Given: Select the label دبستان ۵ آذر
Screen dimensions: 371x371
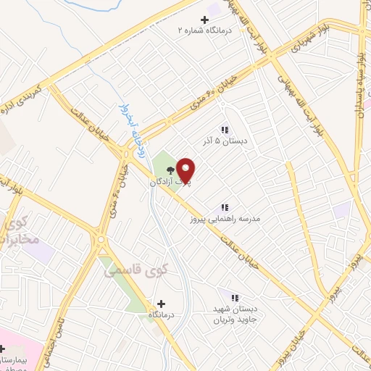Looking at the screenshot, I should [x=225, y=141].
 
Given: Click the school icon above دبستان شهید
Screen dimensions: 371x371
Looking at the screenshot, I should [x=234, y=297].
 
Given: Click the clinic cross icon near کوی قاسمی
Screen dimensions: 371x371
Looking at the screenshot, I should [x=160, y=304].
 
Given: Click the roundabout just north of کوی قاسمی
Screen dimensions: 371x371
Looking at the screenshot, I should [x=100, y=238].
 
